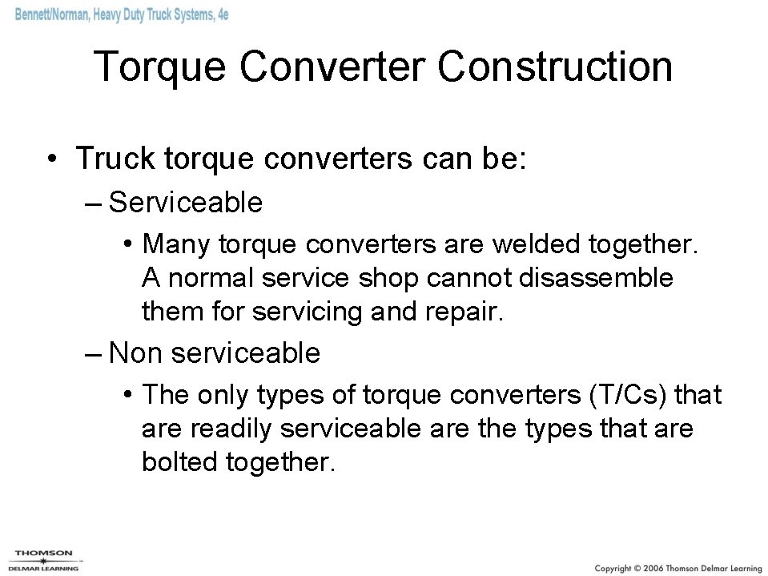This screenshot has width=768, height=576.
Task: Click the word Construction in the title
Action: pos(555,66)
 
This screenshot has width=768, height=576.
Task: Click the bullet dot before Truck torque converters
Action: pos(51,159)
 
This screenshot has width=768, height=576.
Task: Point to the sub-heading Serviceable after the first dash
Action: pos(186,203)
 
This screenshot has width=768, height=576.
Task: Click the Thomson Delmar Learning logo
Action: pos(44,560)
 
